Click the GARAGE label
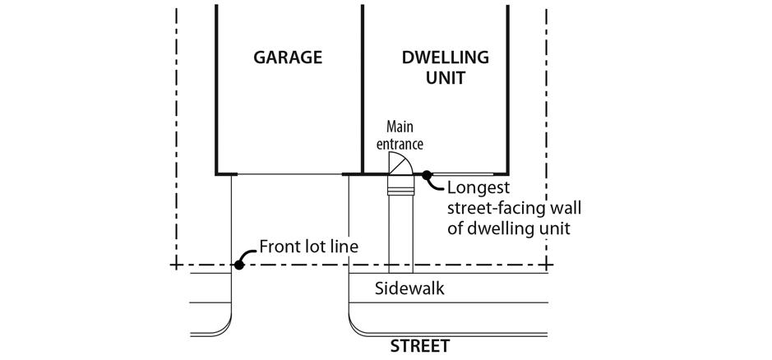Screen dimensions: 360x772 coord(287,58)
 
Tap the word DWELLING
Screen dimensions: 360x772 coord(445,58)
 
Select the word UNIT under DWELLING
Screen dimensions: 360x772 coord(445,79)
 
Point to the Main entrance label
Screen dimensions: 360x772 coord(400,136)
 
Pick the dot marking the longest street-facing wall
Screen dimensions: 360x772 coord(428,174)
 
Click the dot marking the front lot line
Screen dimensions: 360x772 coord(238,265)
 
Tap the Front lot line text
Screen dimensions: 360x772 coord(308,247)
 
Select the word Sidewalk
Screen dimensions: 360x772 coord(409,288)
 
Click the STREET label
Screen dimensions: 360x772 coord(420,346)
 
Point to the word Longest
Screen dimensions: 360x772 coord(478,188)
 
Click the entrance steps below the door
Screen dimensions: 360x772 coord(400,192)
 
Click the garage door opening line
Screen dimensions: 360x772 coord(289,174)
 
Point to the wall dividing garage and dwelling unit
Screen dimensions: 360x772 coord(363,90)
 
